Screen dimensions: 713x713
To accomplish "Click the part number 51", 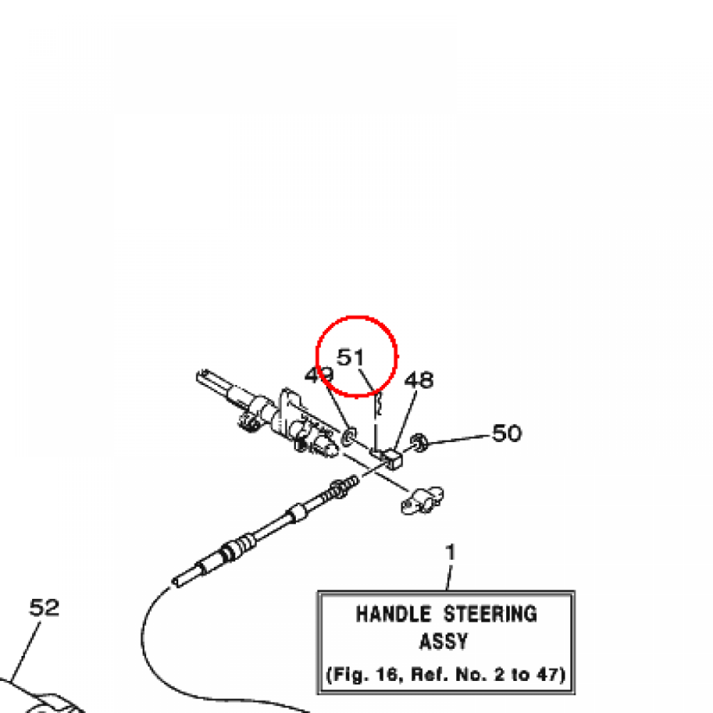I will click(351, 357).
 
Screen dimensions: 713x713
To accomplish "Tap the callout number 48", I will click(419, 379).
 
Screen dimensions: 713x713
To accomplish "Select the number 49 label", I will click(318, 375).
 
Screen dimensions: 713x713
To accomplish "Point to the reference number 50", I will click(507, 433).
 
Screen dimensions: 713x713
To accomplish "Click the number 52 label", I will click(45, 608).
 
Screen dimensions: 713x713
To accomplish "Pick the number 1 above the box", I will click(450, 553).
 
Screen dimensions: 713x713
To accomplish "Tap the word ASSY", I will click(444, 641).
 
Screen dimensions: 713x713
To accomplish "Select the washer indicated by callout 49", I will click(348, 437).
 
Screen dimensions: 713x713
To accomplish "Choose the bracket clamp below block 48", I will click(423, 501).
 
